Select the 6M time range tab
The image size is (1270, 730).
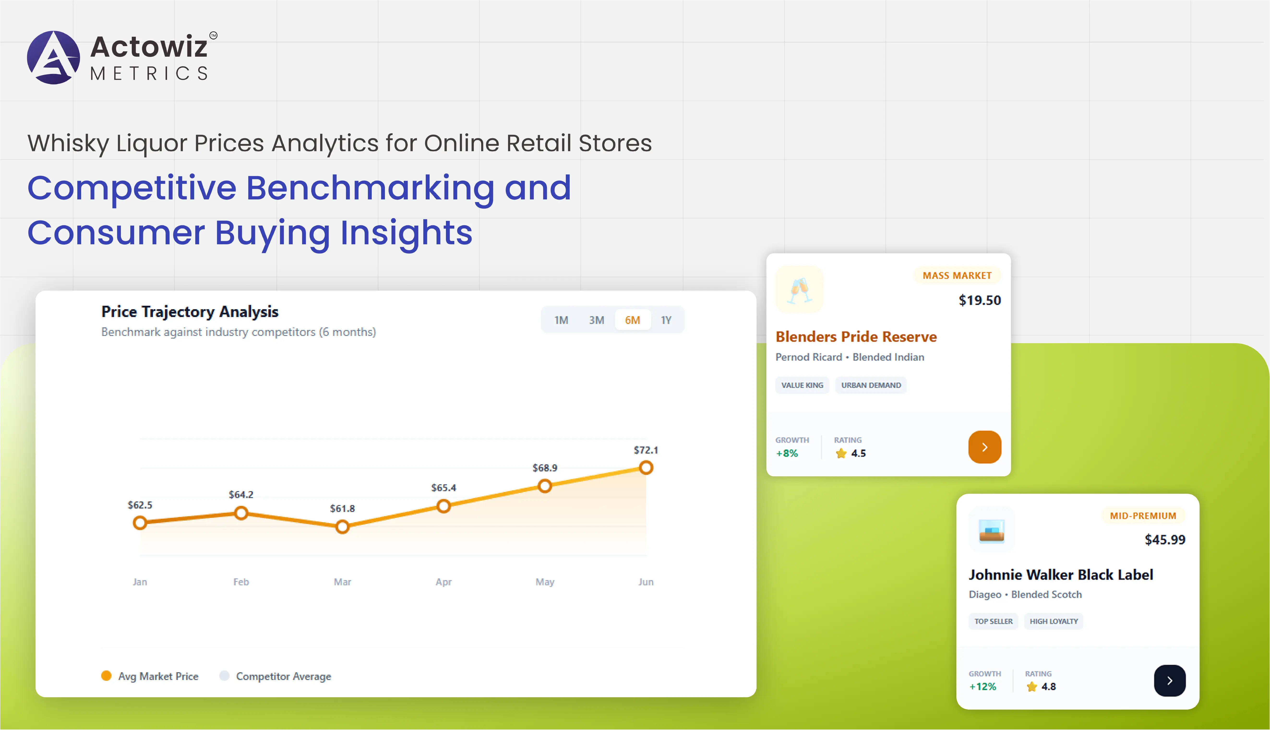632,320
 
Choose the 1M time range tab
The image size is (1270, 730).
561,320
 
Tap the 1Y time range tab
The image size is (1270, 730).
666,320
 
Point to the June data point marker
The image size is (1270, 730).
646,468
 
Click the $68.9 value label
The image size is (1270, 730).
545,468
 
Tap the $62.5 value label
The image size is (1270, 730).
140,505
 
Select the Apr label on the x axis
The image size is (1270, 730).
443,582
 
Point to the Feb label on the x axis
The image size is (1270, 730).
241,582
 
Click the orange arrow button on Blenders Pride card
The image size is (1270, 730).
984,447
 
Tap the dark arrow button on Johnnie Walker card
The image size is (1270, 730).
1169,680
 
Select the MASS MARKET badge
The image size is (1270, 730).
957,275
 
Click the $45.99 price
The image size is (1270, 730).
1165,539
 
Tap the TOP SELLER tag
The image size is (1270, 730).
993,621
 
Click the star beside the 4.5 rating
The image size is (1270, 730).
841,453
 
